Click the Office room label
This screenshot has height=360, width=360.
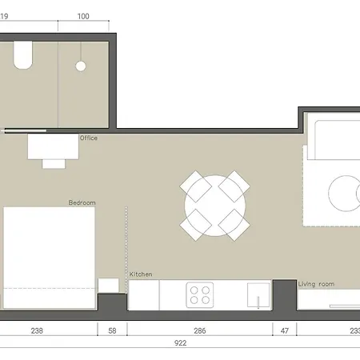coord(88,138)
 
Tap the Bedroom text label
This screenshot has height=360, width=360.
coord(82,203)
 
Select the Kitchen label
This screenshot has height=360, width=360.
coord(141,274)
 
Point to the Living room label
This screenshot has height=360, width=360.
coord(316,284)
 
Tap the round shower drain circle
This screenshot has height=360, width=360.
coord(81,66)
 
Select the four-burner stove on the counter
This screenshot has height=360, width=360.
coord(199,295)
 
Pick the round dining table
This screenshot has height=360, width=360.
coord(214,205)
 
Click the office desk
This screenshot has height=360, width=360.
coord(52,146)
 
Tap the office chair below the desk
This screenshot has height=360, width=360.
coord(54,163)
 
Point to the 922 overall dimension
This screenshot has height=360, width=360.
coord(181,343)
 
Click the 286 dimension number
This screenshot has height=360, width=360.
coord(200,330)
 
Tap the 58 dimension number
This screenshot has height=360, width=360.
coord(112,330)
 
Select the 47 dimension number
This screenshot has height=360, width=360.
coord(284,330)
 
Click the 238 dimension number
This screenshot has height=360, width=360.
coord(37,330)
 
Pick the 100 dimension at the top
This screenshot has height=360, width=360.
coord(84,16)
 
